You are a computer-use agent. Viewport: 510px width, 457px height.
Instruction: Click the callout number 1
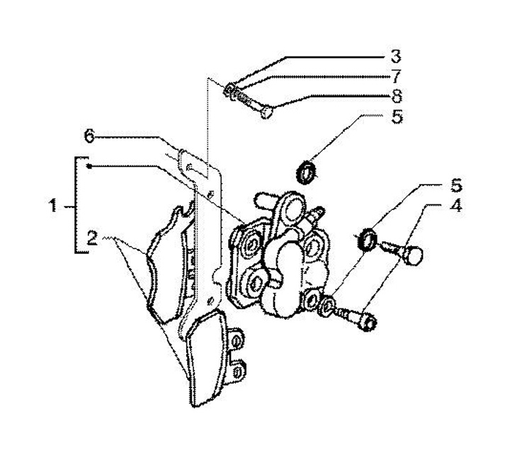click(x=52, y=206)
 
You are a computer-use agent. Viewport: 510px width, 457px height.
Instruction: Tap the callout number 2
click(x=92, y=238)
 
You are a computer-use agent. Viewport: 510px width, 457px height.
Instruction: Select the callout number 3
click(x=395, y=56)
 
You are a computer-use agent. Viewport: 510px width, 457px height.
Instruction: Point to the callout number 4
click(x=456, y=206)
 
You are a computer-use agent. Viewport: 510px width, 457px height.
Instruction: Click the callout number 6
click(x=89, y=136)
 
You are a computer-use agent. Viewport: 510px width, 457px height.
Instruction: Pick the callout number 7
click(x=396, y=76)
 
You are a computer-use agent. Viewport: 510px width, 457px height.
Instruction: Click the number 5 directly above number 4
click(x=456, y=185)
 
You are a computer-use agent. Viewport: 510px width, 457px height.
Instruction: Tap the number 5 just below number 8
click(x=397, y=117)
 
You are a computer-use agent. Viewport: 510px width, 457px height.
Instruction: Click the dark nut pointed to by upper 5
click(x=306, y=173)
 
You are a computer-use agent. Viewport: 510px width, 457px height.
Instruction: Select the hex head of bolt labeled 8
click(x=266, y=112)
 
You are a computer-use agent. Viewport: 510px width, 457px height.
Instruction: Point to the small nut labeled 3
click(x=228, y=89)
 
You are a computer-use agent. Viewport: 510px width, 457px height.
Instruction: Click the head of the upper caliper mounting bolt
click(x=414, y=255)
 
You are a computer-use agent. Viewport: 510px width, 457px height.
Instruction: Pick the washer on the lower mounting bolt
click(x=327, y=306)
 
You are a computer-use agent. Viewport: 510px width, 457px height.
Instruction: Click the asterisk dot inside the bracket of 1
click(x=89, y=166)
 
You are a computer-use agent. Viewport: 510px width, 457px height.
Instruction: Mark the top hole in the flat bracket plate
click(x=189, y=168)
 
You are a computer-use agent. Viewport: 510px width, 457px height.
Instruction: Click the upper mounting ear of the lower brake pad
click(x=237, y=340)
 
